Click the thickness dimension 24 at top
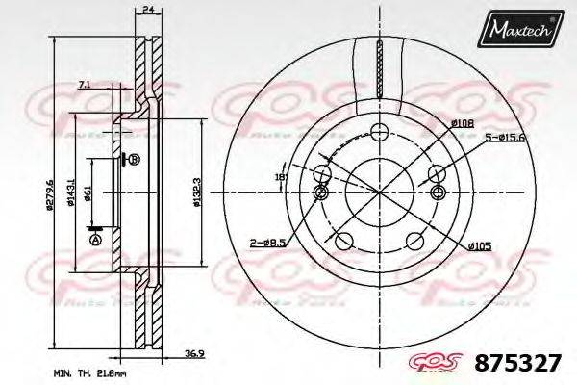[147, 12]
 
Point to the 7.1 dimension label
[85, 86]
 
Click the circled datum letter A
[94, 239]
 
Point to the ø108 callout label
[463, 122]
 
